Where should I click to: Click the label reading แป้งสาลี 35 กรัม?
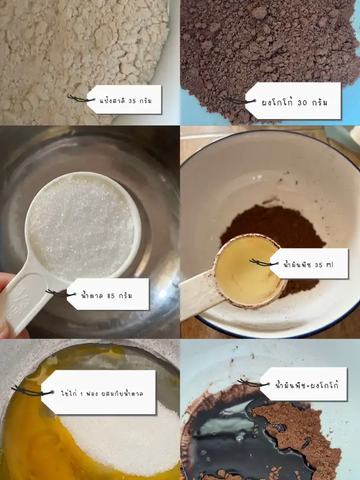point(125,100)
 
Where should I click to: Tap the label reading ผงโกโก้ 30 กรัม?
point(294,101)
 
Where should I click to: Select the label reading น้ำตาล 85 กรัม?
point(108,294)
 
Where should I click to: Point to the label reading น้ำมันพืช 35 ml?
point(309,264)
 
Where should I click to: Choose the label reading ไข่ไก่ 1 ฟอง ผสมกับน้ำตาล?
point(99,392)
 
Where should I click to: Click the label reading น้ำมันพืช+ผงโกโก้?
point(304,384)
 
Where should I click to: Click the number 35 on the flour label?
point(132,101)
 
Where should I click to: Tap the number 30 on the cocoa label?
point(302,102)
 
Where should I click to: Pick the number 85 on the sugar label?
point(111,296)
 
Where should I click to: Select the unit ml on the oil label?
point(329,265)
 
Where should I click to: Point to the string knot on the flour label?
point(80,98)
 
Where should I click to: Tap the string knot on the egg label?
point(31,391)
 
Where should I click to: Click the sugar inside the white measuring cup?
point(81,227)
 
